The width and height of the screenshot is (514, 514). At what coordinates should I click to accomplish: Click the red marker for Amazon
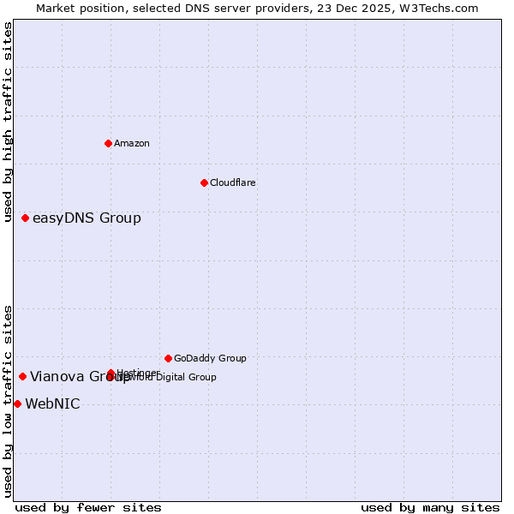point(108,143)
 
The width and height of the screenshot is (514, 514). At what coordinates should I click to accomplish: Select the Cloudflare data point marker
point(204,182)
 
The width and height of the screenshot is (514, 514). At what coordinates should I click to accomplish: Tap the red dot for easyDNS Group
point(25,218)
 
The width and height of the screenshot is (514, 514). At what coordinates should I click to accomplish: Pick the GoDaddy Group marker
point(168,358)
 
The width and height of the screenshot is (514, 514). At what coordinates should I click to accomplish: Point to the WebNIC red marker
point(17,403)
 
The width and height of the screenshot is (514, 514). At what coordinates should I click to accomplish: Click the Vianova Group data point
point(22,376)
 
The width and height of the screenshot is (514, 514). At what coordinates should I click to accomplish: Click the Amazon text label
point(132,143)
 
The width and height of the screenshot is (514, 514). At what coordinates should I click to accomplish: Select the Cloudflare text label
point(232,182)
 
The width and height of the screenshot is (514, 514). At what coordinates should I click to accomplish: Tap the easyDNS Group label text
point(87,218)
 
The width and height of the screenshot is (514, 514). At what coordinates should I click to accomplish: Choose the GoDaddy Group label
point(210,358)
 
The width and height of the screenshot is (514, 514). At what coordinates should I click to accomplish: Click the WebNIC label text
point(52,403)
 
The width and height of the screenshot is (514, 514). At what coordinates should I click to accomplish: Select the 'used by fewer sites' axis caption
point(88,507)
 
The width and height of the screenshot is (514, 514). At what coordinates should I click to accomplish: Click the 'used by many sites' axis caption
point(430,507)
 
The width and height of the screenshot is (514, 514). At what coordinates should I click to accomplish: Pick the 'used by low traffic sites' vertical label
point(8,401)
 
